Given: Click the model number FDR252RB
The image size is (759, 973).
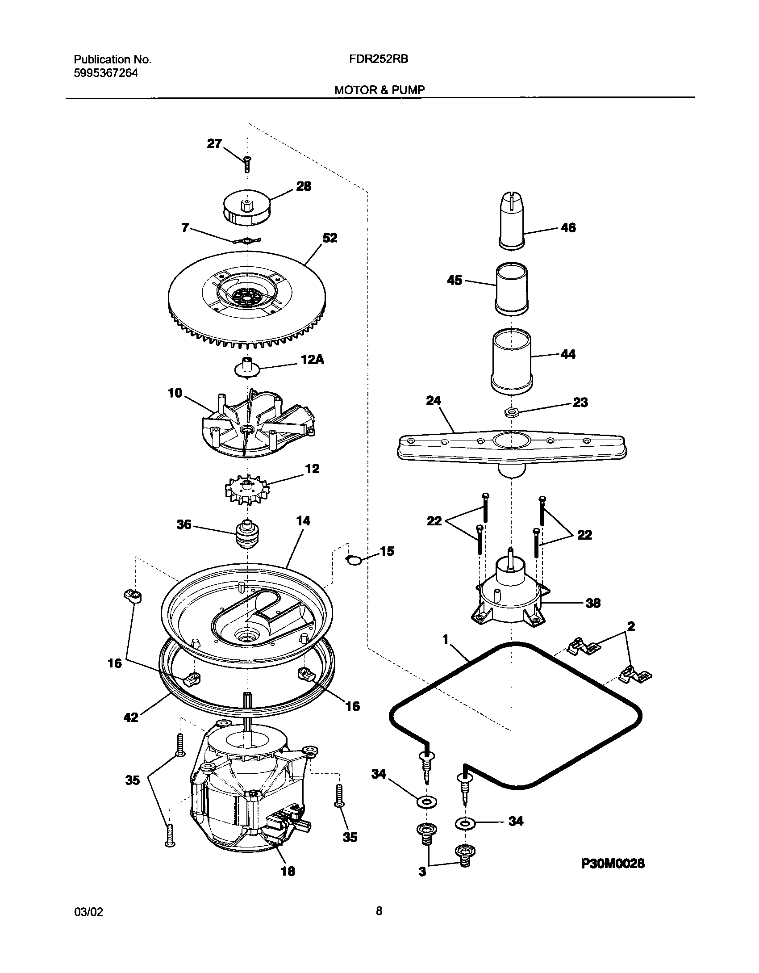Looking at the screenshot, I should coord(379,59).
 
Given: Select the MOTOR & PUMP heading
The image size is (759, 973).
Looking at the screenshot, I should coord(379,90).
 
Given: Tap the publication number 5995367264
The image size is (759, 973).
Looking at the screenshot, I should coord(106,73).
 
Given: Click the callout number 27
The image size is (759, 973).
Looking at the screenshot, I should coord(214,143).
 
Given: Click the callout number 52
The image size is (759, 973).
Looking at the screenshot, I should coord(329,238).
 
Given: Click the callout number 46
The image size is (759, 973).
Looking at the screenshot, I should coord(568,228).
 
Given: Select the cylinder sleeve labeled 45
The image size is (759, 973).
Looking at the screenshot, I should coord(512,288).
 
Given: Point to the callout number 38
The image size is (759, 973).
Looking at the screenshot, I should coord(593,604).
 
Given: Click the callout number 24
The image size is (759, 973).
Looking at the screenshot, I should coord(433,401).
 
